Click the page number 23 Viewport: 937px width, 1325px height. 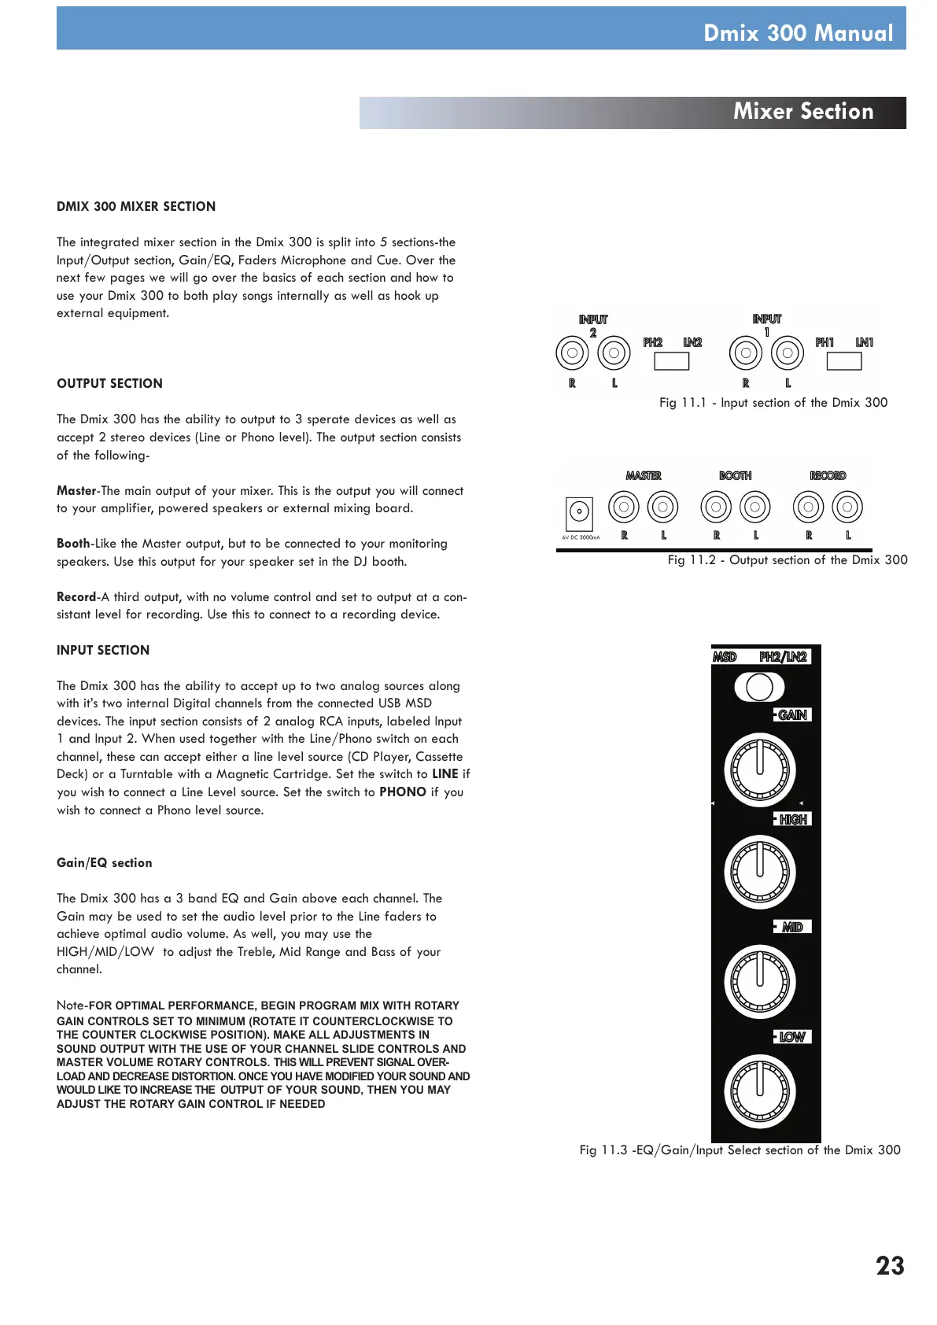point(890,1266)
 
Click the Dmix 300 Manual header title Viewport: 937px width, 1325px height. point(798,33)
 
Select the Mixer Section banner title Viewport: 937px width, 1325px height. point(802,112)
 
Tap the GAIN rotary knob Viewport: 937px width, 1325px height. point(760,770)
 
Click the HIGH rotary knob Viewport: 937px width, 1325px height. point(760,872)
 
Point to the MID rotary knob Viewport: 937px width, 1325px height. point(760,981)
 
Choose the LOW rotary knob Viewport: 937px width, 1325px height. point(760,1091)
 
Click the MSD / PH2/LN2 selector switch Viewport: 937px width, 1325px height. point(759,687)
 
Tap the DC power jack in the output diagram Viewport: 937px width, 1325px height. point(580,513)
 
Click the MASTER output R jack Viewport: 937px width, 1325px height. point(624,507)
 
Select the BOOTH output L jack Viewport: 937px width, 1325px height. point(755,507)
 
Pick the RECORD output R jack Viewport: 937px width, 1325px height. point(808,507)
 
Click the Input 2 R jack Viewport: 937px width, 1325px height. point(572,353)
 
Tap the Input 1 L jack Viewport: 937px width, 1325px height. point(788,353)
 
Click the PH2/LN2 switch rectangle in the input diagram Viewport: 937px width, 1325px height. point(671,361)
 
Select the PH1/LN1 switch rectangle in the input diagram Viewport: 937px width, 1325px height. point(844,361)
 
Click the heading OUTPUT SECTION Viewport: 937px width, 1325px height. point(109,384)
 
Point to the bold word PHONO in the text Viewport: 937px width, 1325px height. point(403,792)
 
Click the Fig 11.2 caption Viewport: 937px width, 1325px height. point(787,560)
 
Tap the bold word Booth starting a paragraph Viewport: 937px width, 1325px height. point(73,544)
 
